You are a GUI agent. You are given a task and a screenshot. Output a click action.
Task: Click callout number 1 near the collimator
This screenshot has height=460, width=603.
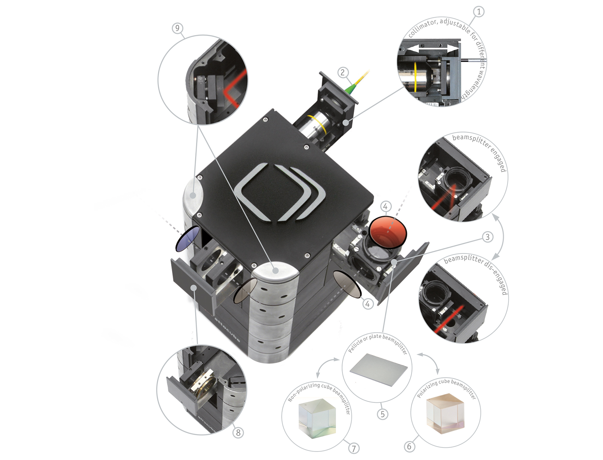point(479,12)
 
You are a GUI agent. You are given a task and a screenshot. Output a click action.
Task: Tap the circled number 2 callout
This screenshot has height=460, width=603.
point(343,73)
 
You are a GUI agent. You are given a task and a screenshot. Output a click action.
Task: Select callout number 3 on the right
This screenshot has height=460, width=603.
point(487,237)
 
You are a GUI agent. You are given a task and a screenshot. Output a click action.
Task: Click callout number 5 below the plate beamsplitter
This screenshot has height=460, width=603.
point(382,414)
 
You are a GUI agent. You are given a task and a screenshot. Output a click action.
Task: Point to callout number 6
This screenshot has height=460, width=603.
point(409,446)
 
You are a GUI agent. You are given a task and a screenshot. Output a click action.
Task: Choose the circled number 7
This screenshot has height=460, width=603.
point(354,448)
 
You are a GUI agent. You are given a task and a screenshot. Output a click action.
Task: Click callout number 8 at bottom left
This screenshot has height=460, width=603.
point(238,433)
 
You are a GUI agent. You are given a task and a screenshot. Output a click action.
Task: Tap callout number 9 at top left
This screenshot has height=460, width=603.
point(177,28)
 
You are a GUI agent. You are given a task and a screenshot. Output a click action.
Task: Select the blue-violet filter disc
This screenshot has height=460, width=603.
point(187,239)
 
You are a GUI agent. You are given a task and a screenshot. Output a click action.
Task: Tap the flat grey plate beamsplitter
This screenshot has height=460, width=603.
point(378,370)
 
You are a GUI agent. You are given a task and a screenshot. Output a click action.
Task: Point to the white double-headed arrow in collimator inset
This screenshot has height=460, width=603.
point(429,49)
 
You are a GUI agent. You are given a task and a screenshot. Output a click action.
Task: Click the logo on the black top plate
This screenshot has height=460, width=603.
point(280,192)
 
